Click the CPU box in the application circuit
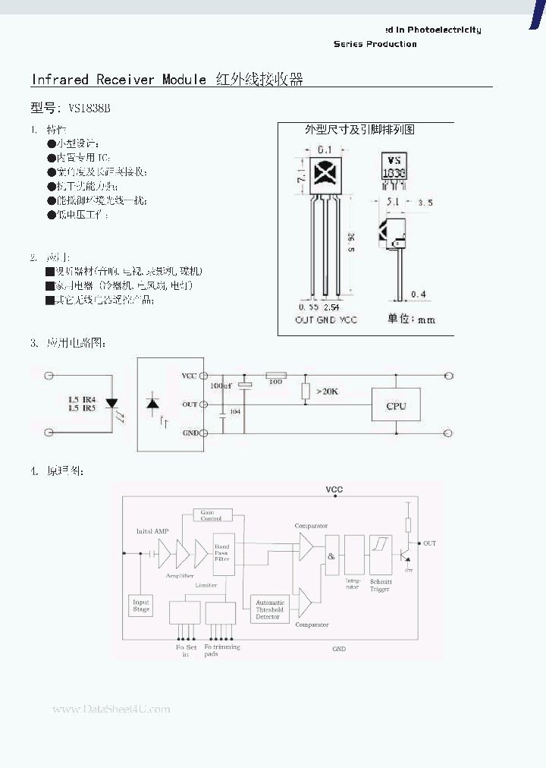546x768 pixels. click(396, 405)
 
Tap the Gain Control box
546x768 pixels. click(208, 516)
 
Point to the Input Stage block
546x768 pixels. click(141, 605)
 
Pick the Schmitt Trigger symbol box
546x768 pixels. click(379, 555)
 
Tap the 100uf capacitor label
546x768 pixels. click(221, 386)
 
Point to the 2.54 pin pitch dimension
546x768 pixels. click(331, 307)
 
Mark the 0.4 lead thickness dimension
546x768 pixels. click(418, 294)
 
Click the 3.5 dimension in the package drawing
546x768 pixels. click(425, 203)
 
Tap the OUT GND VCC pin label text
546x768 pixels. click(326, 319)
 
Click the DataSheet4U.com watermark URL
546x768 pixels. click(111, 709)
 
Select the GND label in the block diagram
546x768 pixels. click(339, 649)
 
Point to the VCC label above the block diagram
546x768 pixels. click(334, 489)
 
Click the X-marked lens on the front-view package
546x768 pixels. click(326, 174)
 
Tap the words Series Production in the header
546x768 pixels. click(375, 44)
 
